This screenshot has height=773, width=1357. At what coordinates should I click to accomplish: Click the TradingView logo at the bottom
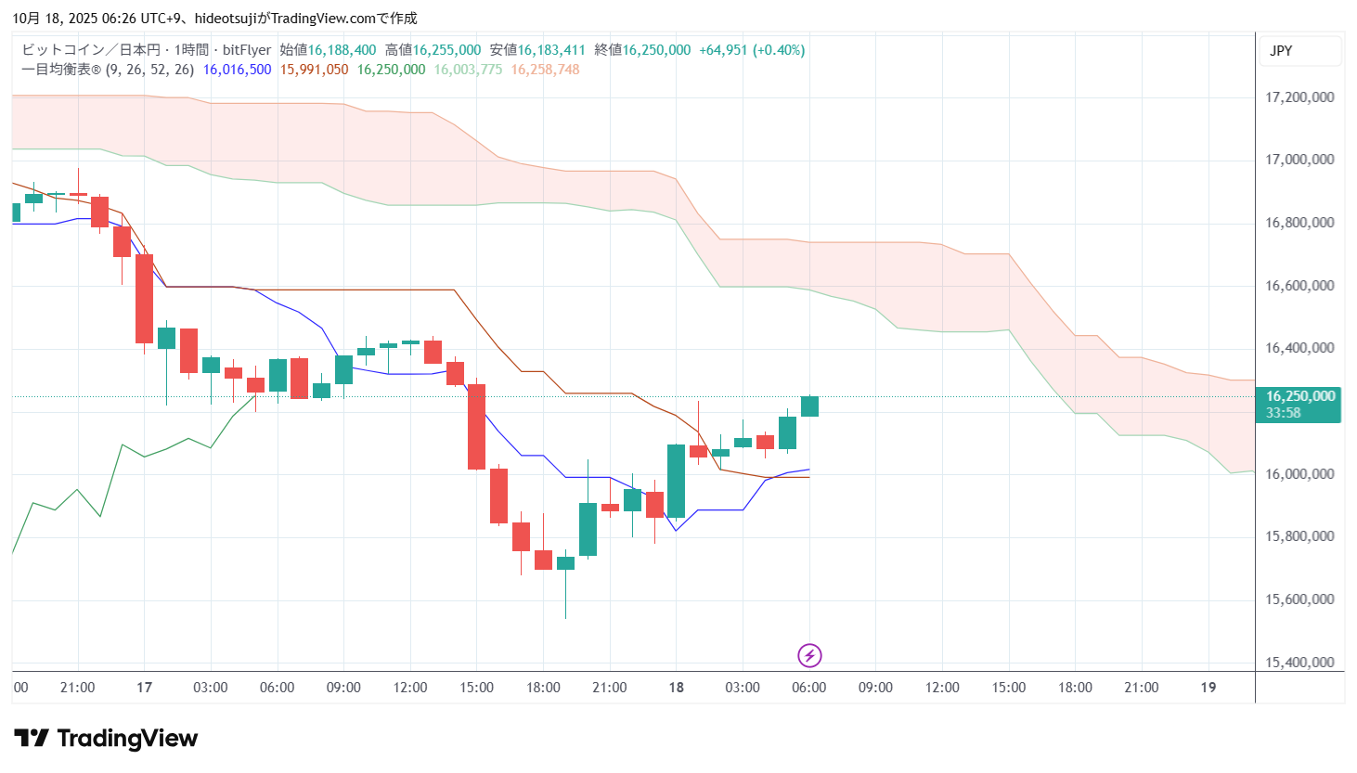click(106, 739)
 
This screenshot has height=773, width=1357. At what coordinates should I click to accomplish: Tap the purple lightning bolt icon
click(809, 656)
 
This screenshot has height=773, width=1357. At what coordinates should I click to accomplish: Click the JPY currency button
click(1281, 51)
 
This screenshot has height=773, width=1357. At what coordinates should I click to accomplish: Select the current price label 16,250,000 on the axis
click(1299, 396)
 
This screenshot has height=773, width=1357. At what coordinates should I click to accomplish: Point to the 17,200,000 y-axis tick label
click(1299, 97)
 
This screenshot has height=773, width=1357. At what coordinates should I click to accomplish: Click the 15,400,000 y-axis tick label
click(1299, 663)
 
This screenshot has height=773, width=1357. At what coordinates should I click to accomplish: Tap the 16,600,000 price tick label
click(1299, 286)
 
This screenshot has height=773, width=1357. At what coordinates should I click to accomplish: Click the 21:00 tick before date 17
click(77, 688)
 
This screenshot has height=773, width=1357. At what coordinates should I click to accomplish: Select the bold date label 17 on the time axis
click(144, 688)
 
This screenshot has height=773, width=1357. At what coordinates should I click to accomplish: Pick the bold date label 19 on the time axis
click(1208, 688)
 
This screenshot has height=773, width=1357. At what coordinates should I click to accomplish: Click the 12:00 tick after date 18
click(942, 688)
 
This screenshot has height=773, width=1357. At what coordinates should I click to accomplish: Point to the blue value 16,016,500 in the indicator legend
click(237, 70)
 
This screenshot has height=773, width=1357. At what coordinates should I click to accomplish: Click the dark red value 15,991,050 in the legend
click(314, 70)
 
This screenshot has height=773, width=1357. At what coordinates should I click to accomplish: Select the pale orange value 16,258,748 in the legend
click(545, 70)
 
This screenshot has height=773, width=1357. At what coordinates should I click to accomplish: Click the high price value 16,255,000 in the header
click(446, 50)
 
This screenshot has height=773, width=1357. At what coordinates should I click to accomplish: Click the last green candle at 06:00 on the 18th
click(809, 406)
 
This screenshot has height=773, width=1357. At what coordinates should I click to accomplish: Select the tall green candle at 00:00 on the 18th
click(676, 481)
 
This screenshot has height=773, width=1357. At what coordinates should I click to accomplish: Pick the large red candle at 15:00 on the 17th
click(476, 427)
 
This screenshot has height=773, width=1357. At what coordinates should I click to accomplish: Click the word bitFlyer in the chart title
click(247, 50)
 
